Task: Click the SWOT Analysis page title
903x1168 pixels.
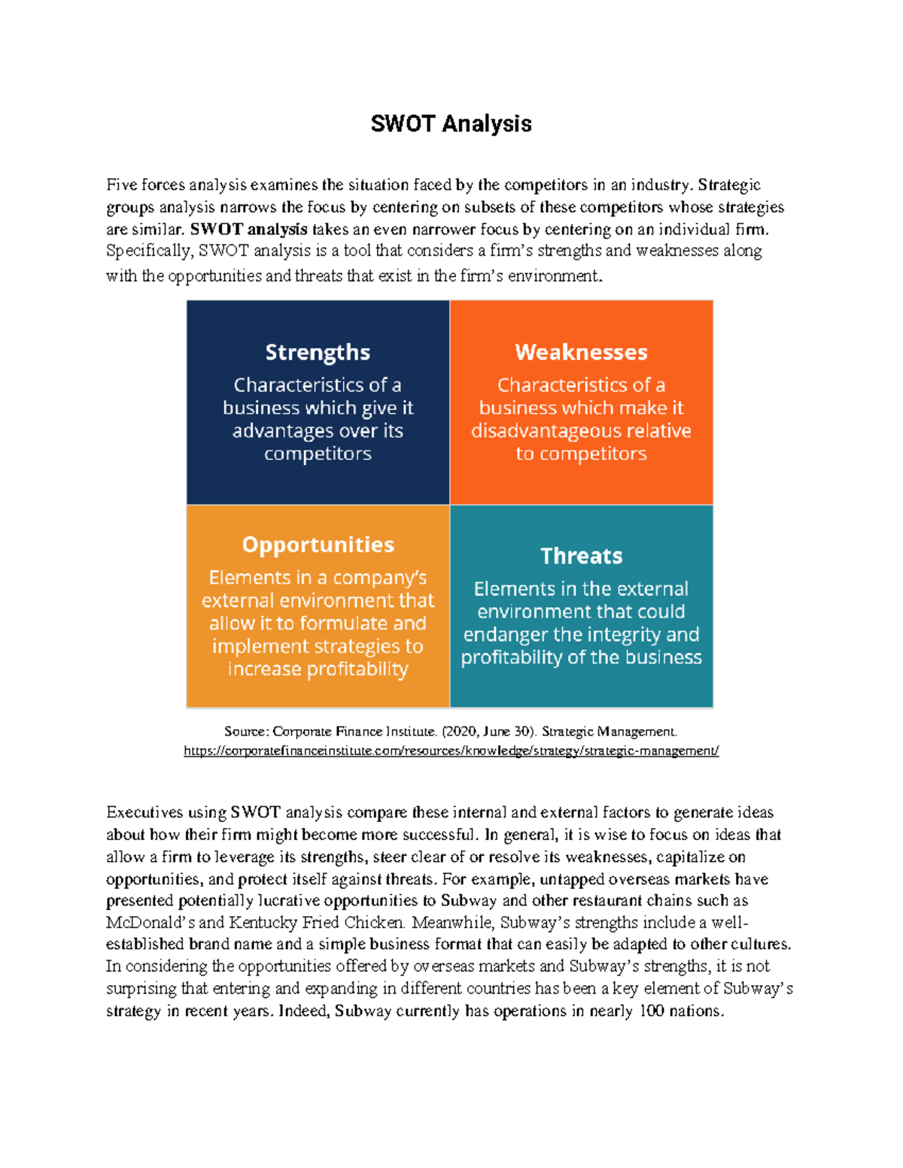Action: pos(451,124)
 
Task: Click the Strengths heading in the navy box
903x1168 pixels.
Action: pos(318,352)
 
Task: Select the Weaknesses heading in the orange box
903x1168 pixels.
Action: pos(581,352)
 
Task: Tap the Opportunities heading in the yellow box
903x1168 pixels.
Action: pos(318,545)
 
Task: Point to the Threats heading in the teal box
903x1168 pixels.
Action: pos(581,556)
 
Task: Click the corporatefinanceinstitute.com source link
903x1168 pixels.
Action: pos(451,751)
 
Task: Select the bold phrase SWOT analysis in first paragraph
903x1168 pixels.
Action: pos(248,229)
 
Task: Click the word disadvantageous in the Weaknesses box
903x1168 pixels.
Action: pos(554,431)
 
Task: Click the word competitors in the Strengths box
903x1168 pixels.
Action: pos(318,454)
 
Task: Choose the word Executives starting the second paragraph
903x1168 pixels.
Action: pos(144,812)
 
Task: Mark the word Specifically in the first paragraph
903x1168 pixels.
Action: pos(149,250)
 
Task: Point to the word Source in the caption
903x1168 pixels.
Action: pos(245,731)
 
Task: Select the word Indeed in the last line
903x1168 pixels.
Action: pos(303,1011)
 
